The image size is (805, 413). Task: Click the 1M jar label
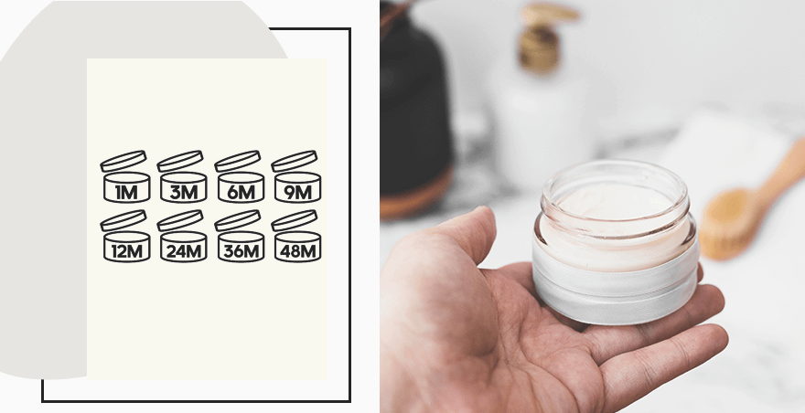click(126, 193)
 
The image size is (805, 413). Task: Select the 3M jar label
click(184, 193)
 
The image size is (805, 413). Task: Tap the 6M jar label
click(241, 193)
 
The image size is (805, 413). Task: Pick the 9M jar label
click(298, 193)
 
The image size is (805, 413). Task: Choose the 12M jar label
click(126, 251)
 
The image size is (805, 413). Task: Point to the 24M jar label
click(184, 251)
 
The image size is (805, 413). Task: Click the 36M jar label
click(241, 251)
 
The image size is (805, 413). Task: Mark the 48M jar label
click(298, 251)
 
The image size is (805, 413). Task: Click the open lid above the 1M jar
click(123, 161)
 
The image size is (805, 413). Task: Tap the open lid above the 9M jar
click(295, 161)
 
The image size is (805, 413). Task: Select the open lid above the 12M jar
click(123, 220)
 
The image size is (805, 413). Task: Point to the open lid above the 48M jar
click(295, 220)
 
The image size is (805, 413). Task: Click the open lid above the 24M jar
click(180, 220)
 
